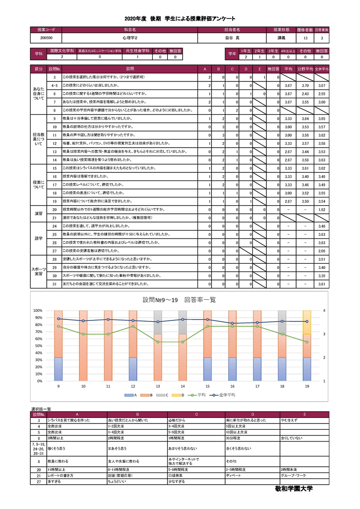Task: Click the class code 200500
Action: tap(46, 38)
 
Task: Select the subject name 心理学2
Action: tap(129, 38)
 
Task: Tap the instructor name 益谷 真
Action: tap(232, 38)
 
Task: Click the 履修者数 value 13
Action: tap(306, 38)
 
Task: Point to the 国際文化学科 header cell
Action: tap(62, 51)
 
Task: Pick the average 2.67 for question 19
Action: tap(288, 201)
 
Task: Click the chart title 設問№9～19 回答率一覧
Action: tap(180, 300)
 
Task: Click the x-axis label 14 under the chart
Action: tap(182, 386)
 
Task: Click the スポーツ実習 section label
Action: tap(39, 271)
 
